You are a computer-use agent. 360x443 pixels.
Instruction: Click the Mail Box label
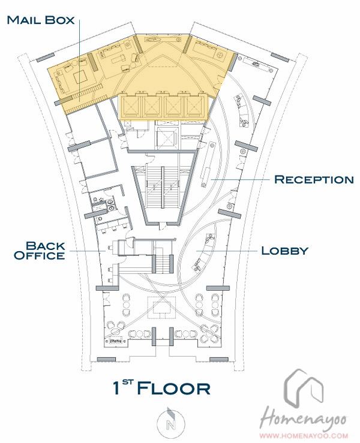tap(41, 20)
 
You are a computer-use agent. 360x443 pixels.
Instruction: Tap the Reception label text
tap(314, 179)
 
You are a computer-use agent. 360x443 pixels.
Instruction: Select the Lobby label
tap(284, 251)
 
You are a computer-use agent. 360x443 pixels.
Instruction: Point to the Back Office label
tap(40, 251)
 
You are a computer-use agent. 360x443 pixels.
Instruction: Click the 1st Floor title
tap(161, 387)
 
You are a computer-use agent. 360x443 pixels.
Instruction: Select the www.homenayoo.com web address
tap(304, 436)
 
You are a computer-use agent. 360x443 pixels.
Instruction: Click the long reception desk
tap(208, 164)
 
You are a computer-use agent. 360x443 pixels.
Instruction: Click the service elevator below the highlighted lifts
tap(167, 138)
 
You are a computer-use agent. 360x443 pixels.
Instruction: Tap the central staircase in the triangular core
tap(163, 187)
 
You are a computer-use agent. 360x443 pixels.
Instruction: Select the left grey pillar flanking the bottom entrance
tap(154, 336)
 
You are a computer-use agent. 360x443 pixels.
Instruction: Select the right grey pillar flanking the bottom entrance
tap(172, 336)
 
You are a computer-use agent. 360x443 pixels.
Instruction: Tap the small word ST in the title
tap(128, 382)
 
